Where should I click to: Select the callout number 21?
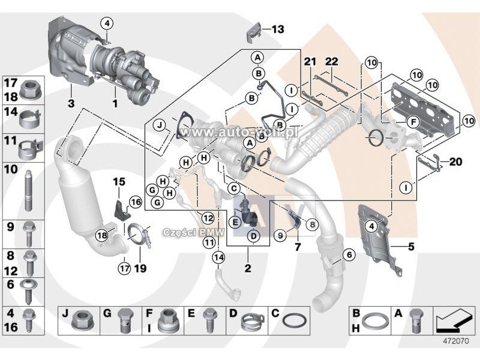pos(309,62)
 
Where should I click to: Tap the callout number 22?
pos(332,62)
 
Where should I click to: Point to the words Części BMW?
pos(185,230)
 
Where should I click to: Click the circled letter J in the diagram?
pos(160,125)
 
